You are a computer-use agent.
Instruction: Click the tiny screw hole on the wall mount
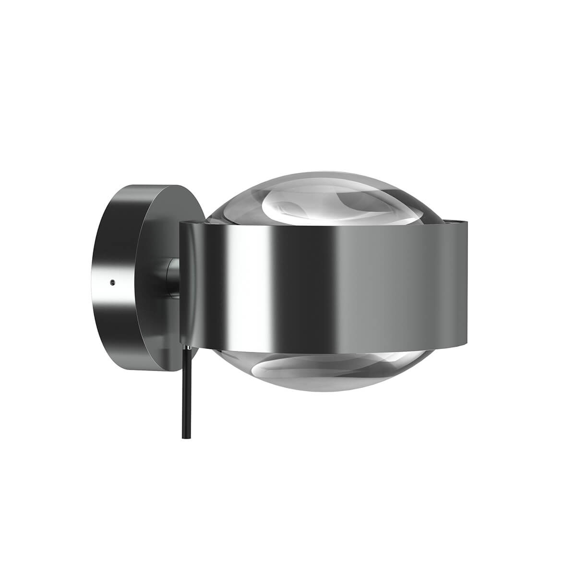coord(112,283)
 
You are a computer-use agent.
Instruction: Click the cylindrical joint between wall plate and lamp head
coord(170,276)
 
